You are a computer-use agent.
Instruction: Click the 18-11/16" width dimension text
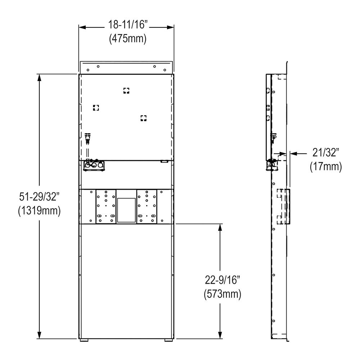coord(127,27)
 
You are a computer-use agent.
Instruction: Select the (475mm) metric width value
coord(127,39)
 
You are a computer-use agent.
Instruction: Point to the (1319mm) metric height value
coord(39,211)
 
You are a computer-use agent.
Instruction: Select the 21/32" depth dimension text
coord(325,154)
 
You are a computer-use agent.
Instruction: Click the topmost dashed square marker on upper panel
coord(126,90)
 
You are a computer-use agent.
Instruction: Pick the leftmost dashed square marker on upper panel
coord(96,107)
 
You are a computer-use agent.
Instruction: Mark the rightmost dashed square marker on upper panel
coord(144,118)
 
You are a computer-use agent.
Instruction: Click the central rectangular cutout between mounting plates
coord(126,209)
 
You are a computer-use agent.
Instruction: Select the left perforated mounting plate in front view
coord(105,206)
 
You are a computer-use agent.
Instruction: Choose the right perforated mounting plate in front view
coord(147,206)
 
